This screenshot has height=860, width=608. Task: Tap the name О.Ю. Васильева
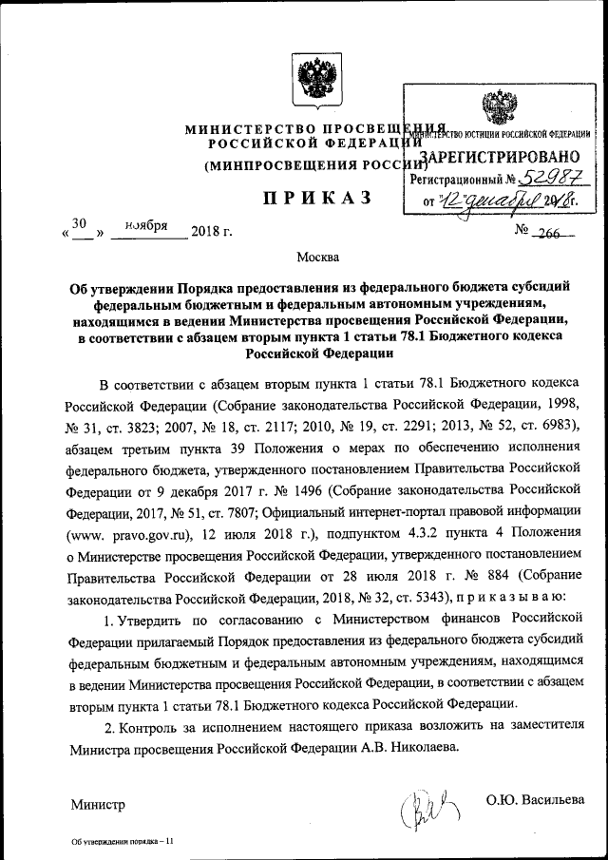click(535, 802)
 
